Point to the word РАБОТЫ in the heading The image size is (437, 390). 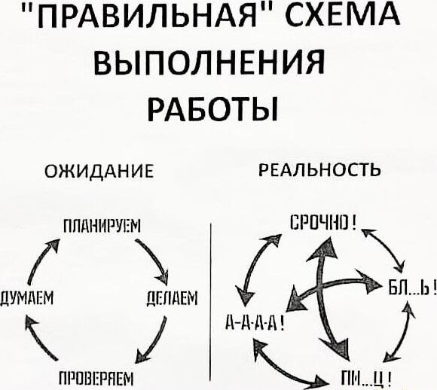[x=212, y=108]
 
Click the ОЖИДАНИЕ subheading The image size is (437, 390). [x=99, y=170]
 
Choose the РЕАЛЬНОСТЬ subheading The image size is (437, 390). [x=319, y=169]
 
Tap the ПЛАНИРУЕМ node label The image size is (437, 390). [x=102, y=226]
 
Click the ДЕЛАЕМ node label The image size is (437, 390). [x=173, y=298]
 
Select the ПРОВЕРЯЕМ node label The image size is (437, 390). [x=96, y=379]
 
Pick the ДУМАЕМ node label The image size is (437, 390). [x=27, y=298]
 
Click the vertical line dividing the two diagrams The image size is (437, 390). [x=210, y=302]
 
